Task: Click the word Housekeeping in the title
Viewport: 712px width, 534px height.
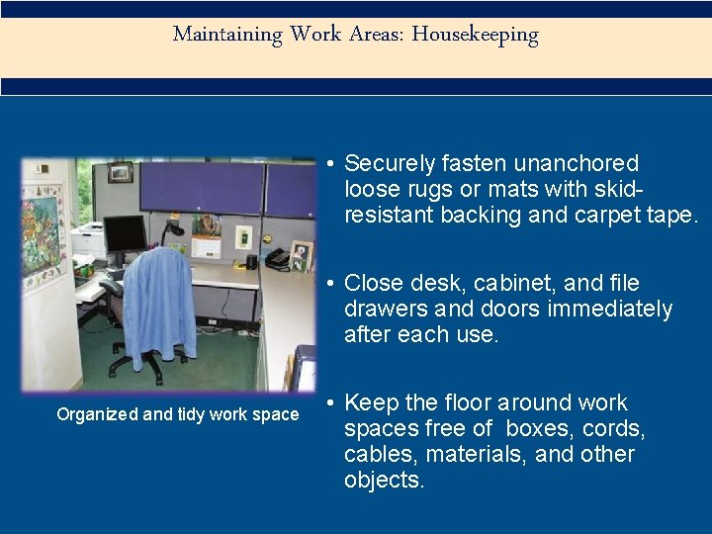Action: click(475, 35)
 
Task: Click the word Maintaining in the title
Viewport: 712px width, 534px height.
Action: click(227, 35)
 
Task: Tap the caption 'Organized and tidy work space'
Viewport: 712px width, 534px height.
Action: click(178, 414)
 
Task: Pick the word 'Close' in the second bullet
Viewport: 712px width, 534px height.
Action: click(373, 284)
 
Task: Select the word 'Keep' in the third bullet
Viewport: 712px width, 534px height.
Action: click(371, 403)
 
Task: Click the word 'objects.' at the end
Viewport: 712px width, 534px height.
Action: click(385, 481)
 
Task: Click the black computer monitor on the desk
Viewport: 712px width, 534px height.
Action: click(125, 234)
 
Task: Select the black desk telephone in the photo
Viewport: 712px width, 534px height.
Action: click(276, 258)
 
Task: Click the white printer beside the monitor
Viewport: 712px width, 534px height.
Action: click(88, 239)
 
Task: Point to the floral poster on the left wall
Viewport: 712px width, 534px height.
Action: click(44, 237)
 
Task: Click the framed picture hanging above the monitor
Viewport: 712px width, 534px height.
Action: click(121, 172)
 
